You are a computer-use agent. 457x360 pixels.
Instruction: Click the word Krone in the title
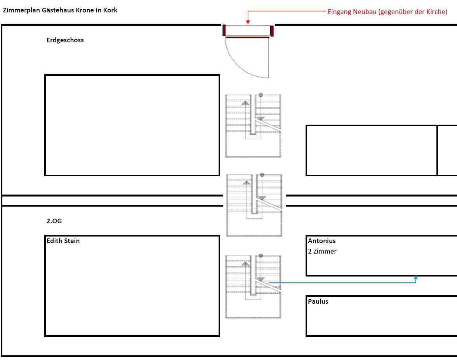coord(85,10)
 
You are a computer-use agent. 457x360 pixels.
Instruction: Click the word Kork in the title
coord(111,10)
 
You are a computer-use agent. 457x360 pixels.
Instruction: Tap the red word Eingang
coord(340,12)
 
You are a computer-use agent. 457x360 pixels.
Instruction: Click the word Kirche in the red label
coord(435,12)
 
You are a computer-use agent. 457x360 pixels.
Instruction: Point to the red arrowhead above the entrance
coord(248,23)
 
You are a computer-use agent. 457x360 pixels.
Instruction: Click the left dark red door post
coord(224,30)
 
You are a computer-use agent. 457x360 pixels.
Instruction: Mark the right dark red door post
coord(272,30)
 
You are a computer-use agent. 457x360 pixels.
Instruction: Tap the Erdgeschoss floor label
coord(65,40)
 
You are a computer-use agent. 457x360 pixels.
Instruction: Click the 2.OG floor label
coord(54,221)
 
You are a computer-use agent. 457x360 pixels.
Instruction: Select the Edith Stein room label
coord(63,241)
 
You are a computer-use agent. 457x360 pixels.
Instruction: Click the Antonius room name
coord(322,241)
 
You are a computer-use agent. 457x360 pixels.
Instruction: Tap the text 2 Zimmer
coord(322,251)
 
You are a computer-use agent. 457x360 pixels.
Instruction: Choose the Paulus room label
coord(318,301)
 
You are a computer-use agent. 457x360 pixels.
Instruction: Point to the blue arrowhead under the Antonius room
coord(416,277)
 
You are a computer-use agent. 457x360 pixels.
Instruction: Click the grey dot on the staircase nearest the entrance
coord(261,94)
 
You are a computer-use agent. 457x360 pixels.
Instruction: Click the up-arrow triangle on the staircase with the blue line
coord(245,264)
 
